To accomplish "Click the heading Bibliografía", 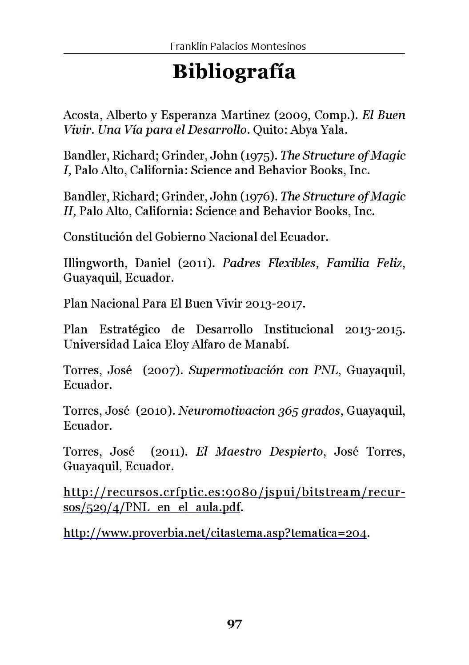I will point(234,72).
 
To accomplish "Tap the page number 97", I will point(234,624).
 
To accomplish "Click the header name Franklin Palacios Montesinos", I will point(238,46).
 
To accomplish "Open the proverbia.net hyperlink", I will point(215,533).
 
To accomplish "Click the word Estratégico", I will point(129,330).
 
